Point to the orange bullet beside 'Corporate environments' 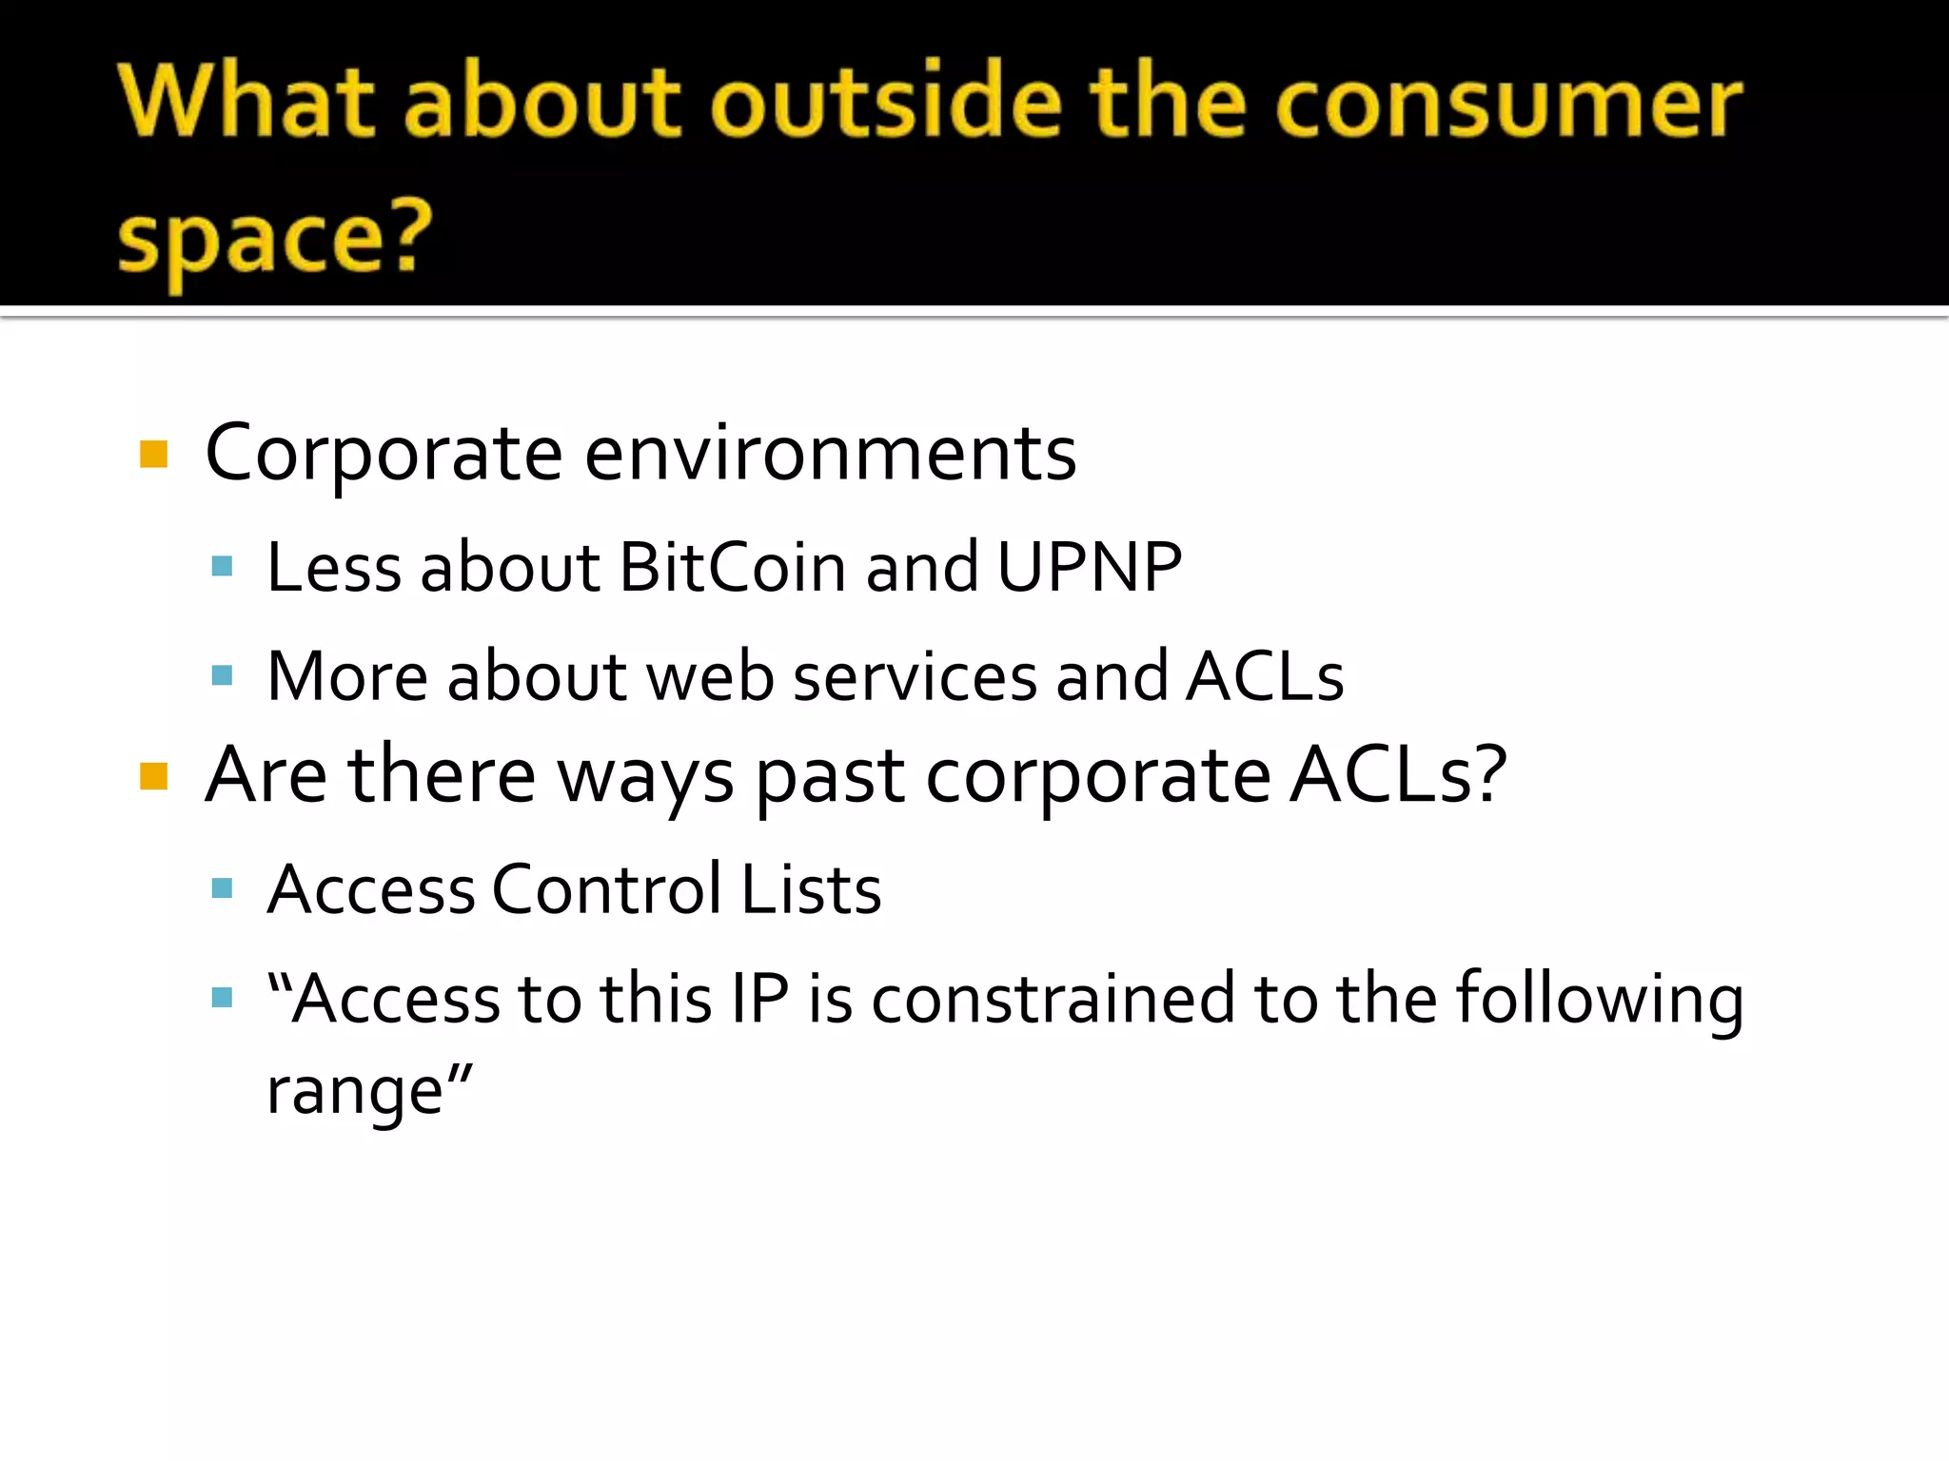point(153,454)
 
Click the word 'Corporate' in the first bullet point(384,454)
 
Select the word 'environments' point(830,454)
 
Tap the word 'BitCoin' point(732,567)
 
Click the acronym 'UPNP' point(1090,567)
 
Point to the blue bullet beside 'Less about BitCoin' point(222,568)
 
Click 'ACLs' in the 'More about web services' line point(1265,676)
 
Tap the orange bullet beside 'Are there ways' point(153,776)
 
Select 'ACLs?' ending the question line point(1398,775)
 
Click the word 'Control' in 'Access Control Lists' point(607,889)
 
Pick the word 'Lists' point(811,889)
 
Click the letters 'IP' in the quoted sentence point(760,999)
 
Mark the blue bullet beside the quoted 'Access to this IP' point(222,998)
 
